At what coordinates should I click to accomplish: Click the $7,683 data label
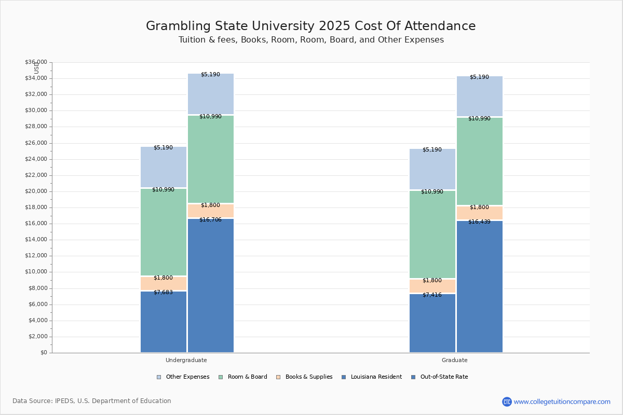tap(163, 293)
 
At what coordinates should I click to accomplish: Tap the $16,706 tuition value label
tap(210, 220)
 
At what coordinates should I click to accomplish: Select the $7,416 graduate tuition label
tap(432, 295)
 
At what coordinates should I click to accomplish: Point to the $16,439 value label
tap(479, 222)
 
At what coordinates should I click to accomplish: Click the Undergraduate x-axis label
tap(186, 360)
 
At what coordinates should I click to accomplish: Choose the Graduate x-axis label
tap(455, 360)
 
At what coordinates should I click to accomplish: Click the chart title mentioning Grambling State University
tap(310, 26)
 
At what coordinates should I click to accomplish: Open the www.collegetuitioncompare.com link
tap(562, 402)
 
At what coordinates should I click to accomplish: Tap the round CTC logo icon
tap(507, 402)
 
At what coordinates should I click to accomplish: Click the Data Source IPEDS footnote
tap(92, 401)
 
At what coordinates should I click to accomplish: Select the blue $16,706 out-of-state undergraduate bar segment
tap(211, 285)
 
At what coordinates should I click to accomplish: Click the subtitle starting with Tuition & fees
tap(311, 40)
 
